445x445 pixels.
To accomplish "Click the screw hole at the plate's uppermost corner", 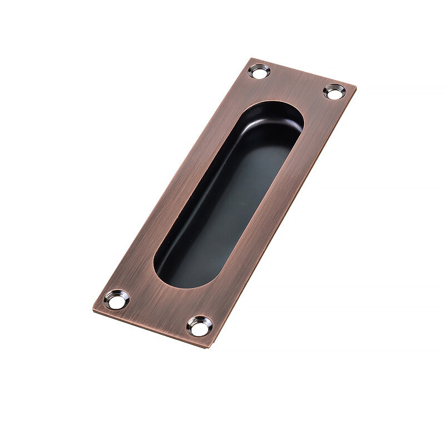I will point(259,71).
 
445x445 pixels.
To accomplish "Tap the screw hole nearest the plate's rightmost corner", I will point(334,91).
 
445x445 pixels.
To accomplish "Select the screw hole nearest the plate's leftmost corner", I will point(116,299).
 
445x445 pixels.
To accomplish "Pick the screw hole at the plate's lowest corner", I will point(200,326).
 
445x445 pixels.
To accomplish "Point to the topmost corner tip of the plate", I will point(250,58).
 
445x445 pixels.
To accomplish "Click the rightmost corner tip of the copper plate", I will point(355,86).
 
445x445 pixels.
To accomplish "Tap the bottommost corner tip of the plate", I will point(210,348).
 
